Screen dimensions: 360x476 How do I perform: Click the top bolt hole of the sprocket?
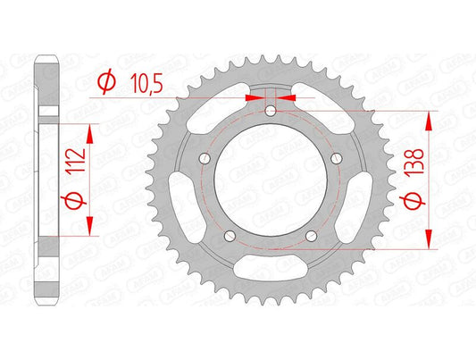271,111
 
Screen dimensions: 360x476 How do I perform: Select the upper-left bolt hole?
204,159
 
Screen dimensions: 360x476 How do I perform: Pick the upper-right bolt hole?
339,159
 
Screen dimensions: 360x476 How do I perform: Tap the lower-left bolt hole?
230,238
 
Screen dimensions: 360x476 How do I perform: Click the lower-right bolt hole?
313,238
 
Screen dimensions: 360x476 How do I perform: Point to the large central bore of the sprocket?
271,183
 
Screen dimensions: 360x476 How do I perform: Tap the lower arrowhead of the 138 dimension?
430,238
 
